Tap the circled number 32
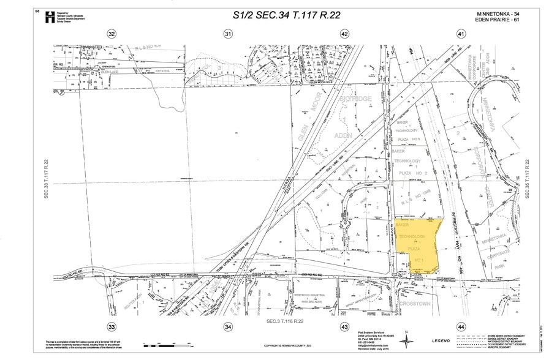coord(111,34)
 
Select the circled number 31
coord(229,34)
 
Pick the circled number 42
coord(344,34)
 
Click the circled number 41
coord(461,34)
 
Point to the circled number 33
coord(111,327)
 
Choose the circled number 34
coord(229,327)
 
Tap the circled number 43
coord(344,327)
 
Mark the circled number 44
coord(461,327)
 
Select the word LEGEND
coord(442,341)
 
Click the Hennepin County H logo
coord(50,17)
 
